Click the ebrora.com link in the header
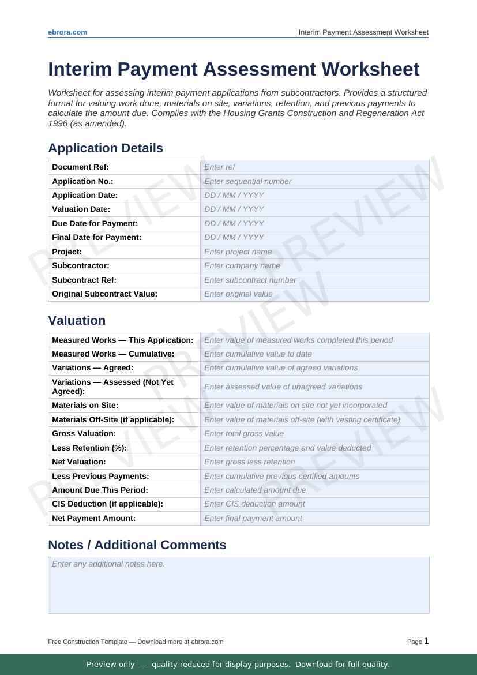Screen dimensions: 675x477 tap(67, 32)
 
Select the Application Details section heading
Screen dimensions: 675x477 tap(106, 148)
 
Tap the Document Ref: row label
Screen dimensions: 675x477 tap(81, 167)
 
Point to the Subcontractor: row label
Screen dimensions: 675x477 tap(81, 266)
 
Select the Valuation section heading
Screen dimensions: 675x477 tap(77, 321)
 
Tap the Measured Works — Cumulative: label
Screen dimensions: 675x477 tap(113, 354)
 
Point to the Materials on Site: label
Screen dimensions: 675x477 tap(85, 406)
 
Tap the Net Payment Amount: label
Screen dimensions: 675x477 tap(94, 518)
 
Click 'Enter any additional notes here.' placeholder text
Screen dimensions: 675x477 tap(108, 564)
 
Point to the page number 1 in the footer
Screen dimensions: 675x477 tap(426, 641)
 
